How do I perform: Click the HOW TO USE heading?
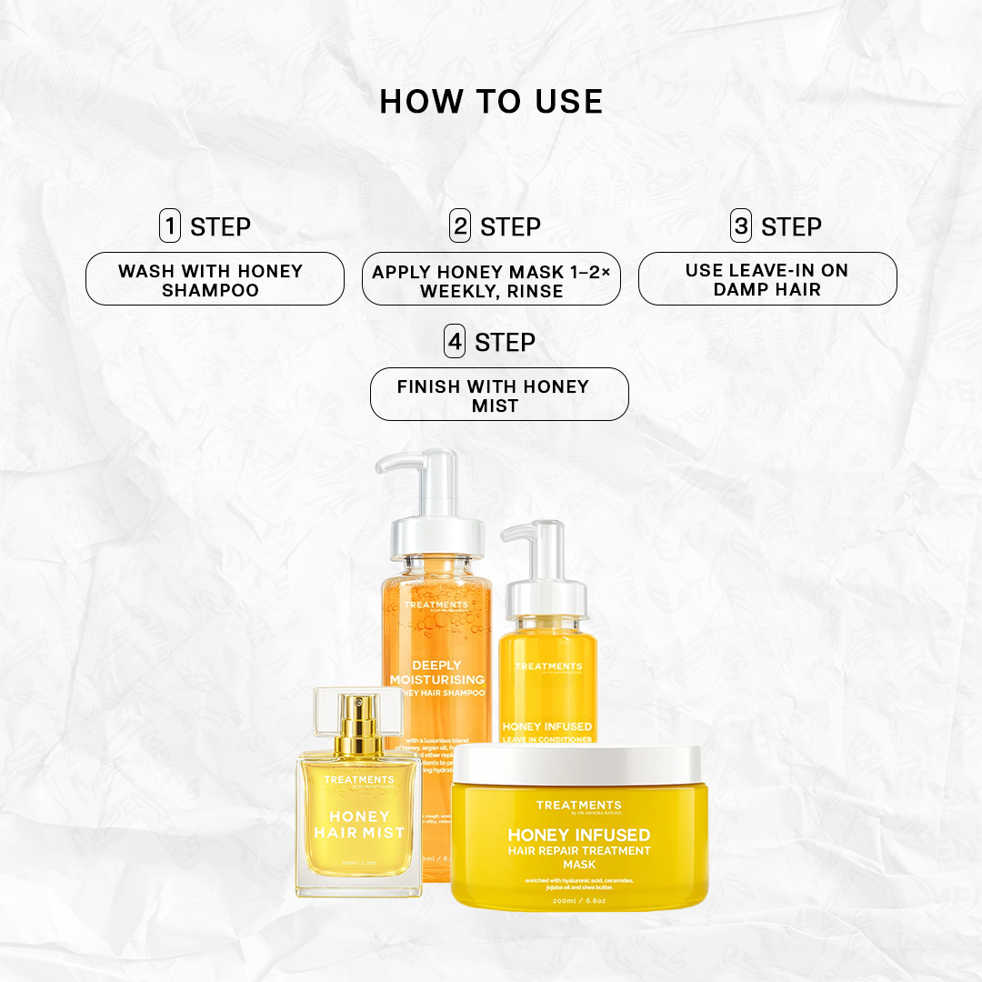click(491, 102)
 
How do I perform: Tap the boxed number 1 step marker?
click(170, 225)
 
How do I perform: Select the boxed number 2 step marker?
click(460, 225)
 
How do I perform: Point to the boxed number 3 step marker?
click(741, 225)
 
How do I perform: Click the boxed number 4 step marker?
click(455, 342)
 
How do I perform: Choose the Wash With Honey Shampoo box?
click(215, 279)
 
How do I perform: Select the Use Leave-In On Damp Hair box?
click(767, 279)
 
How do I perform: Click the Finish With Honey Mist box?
click(498, 395)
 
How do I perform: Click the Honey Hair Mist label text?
click(359, 824)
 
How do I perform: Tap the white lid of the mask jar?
click(577, 765)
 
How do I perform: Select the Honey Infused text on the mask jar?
click(578, 835)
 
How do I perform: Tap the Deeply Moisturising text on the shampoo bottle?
click(436, 672)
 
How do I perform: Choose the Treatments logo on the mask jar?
click(578, 806)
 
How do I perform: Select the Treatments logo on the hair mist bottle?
click(359, 780)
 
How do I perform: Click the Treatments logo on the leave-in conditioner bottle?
click(548, 666)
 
